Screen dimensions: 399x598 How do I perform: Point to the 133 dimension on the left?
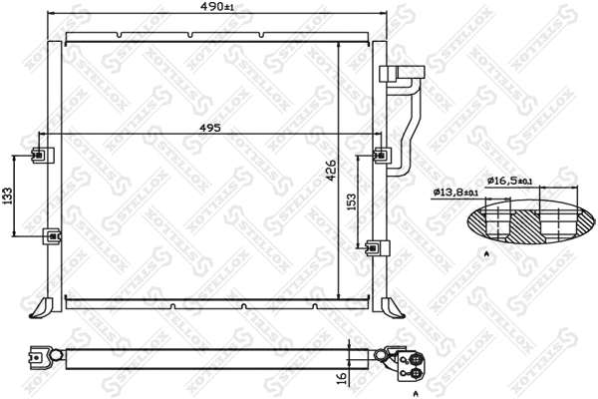click(x=8, y=196)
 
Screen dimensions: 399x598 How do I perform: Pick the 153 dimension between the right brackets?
click(x=352, y=202)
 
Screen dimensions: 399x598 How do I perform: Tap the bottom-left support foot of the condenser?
click(x=41, y=304)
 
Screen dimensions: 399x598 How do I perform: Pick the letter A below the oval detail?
click(x=486, y=256)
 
